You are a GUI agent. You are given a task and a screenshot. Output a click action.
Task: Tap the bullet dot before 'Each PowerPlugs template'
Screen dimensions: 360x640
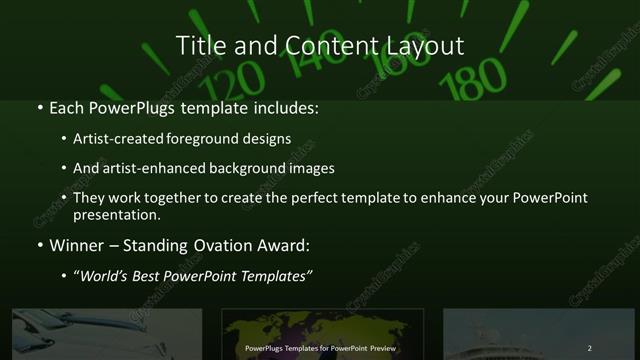(39, 107)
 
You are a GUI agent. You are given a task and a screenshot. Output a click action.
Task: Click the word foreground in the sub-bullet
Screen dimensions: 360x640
(220, 139)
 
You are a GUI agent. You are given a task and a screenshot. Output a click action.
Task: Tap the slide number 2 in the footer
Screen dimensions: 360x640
(590, 348)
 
